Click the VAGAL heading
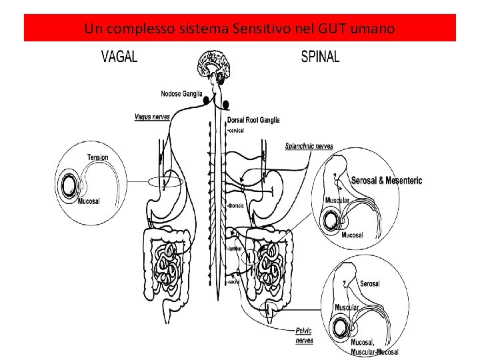tap(119, 57)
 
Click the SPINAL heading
tap(320, 57)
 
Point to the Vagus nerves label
tap(152, 117)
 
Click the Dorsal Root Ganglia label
tap(253, 120)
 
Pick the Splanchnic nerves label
tap(309, 145)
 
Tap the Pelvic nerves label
tap(304, 335)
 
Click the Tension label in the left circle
tap(97, 157)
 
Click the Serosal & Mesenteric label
tap(387, 181)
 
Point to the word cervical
tap(236, 131)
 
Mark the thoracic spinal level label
tap(236, 206)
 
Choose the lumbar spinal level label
tap(235, 248)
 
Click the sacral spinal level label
tap(233, 282)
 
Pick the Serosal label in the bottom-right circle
tap(370, 283)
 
